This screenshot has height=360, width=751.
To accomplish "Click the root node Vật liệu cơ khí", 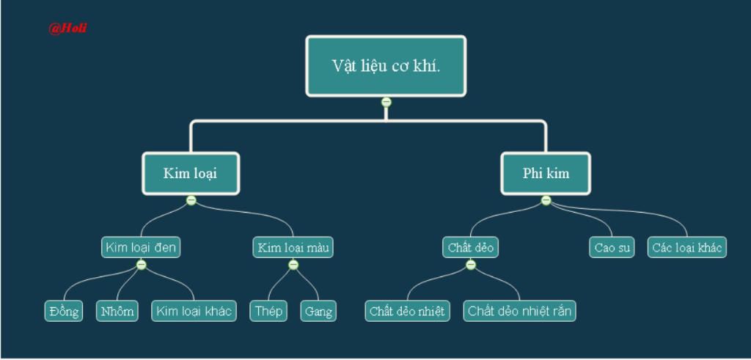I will (x=386, y=66).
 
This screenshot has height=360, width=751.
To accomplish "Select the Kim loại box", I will (x=191, y=174).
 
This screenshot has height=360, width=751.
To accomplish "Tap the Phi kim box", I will (x=546, y=174).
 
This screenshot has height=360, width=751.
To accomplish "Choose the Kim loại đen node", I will (x=141, y=248).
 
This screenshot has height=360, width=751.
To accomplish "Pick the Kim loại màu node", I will (x=293, y=248).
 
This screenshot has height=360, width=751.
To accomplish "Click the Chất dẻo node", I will (x=470, y=248).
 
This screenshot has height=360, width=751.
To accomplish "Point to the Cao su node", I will (x=612, y=248).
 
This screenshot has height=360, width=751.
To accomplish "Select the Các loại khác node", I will (x=687, y=248).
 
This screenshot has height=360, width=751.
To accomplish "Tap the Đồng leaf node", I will (x=64, y=312).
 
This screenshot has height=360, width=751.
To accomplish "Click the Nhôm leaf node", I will (x=117, y=312).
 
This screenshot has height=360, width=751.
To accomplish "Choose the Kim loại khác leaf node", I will (x=194, y=312).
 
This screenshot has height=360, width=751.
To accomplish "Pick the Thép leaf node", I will (x=268, y=312).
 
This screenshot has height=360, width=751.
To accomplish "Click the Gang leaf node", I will (x=318, y=312).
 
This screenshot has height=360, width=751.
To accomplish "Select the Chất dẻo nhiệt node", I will (x=407, y=312).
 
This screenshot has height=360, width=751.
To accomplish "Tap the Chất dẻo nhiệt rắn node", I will (x=519, y=312).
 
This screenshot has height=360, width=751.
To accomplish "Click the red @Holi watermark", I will (x=67, y=29).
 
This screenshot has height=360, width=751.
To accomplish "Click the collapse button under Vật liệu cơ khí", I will (x=387, y=102).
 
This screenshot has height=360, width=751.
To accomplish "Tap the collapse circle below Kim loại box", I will (x=191, y=200).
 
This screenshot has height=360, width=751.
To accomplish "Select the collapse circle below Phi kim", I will (x=546, y=200).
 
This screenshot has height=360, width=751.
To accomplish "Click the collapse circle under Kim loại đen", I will (x=142, y=265).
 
